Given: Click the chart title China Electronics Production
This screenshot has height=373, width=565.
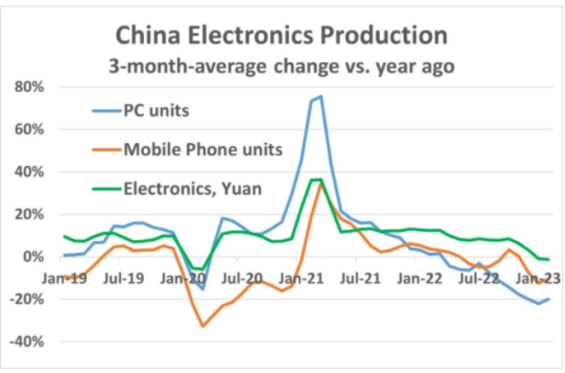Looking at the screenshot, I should click(282, 35).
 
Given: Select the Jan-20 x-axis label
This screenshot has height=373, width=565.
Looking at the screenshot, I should click(180, 277).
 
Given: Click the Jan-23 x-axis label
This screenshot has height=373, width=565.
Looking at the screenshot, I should click(533, 277).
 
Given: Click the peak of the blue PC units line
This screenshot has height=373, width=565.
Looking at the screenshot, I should click(320, 96).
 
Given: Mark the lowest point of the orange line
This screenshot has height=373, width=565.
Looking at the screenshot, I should click(203, 326).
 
